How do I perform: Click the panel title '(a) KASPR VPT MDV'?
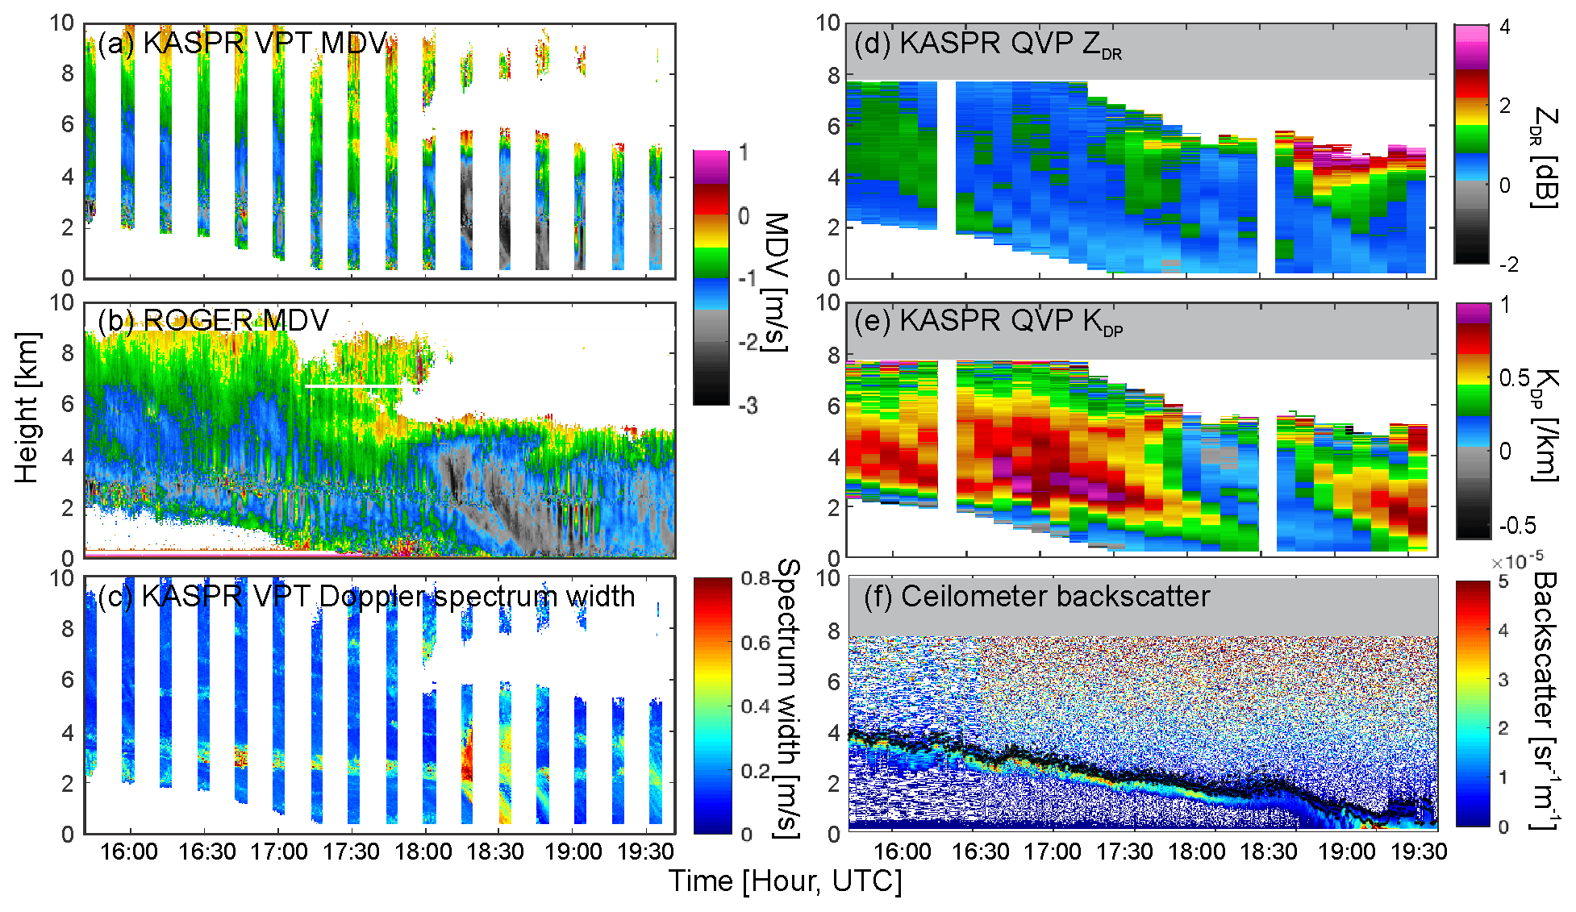click(242, 43)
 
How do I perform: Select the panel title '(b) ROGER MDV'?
click(213, 320)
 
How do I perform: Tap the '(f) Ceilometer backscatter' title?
click(1036, 597)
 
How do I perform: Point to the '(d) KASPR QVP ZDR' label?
click(988, 44)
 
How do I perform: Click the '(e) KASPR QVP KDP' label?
click(988, 322)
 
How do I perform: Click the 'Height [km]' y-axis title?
click(27, 407)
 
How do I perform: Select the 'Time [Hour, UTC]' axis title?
click(785, 881)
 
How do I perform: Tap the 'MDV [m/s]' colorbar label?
click(775, 281)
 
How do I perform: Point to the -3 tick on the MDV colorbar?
click(748, 406)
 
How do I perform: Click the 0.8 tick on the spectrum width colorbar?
click(756, 579)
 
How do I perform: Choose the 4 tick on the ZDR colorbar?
click(1505, 27)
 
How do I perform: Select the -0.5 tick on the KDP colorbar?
click(1517, 526)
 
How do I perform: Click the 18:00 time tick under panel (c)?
click(423, 852)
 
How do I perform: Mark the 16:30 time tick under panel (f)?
click(980, 852)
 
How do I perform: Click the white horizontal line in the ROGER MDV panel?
click(353, 386)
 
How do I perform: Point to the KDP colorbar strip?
click(1474, 420)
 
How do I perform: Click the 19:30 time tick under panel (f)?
click(1420, 852)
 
